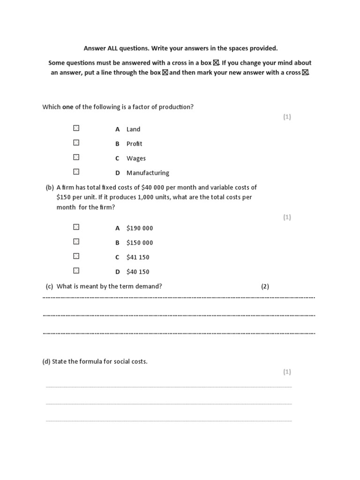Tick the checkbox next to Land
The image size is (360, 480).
[76, 128]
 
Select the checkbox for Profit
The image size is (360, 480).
[76, 142]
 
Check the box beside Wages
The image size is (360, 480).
[76, 157]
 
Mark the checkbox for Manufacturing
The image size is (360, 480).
[76, 172]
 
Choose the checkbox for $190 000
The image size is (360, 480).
[76, 227]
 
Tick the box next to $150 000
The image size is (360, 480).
[76, 241]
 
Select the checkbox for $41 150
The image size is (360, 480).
[76, 256]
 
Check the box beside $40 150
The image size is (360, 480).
[76, 270]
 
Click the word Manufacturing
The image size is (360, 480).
[148, 173]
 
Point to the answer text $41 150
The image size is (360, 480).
[138, 257]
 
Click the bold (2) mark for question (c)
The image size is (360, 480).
[265, 286]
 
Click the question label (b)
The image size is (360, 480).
[50, 187]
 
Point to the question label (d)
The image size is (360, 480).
[46, 362]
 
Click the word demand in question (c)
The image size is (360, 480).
[148, 286]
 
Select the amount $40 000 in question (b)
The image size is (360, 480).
[153, 187]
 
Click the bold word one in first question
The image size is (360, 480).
[67, 107]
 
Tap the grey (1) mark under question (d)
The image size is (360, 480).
[287, 372]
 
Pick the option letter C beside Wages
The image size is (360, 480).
[118, 158]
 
